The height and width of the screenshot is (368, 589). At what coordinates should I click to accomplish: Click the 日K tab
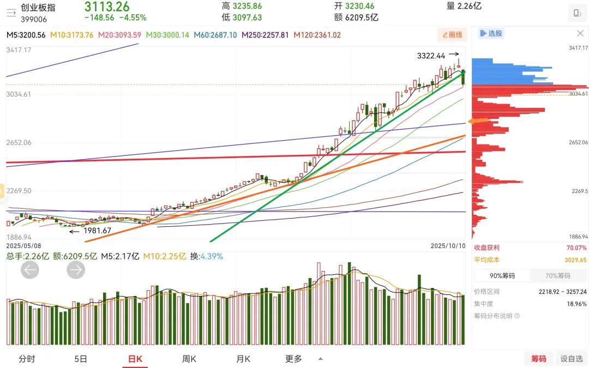pos(135,359)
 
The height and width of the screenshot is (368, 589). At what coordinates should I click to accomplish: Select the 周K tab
pos(189,359)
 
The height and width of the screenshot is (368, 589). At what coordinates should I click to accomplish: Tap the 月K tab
pos(243,359)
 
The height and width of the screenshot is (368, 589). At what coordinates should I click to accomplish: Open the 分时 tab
pos(27,359)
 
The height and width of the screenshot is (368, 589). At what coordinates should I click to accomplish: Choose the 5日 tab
pos(80,359)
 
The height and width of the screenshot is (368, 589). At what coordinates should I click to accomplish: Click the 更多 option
pos(294,359)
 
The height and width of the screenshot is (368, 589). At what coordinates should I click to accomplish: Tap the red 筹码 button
pos(538,358)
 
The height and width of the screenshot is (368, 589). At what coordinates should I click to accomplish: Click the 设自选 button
pos(572,358)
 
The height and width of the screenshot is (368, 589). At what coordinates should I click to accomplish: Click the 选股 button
pos(491,33)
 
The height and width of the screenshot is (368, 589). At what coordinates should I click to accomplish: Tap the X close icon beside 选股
pos(580,33)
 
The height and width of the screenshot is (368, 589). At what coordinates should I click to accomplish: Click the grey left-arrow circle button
pos(30,269)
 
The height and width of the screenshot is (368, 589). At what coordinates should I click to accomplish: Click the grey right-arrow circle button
pos(76,269)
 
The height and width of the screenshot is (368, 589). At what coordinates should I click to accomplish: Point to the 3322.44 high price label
pos(431,56)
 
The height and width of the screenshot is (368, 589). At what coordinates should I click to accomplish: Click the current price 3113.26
pos(107,7)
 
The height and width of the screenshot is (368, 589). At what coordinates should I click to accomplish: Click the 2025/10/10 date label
pos(448,246)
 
